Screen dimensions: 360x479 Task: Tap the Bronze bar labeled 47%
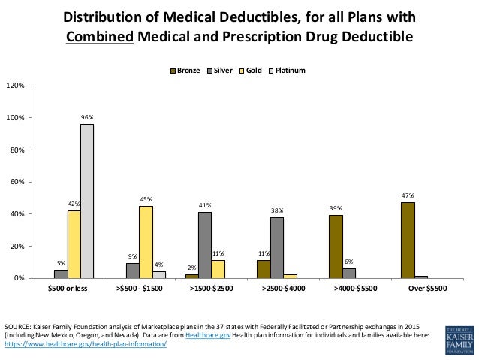pos(408,240)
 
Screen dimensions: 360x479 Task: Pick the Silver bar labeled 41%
pos(204,245)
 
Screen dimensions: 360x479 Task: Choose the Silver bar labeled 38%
pos(277,247)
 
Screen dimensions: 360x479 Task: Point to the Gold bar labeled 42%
pos(74,244)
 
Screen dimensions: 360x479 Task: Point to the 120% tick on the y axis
pos(15,86)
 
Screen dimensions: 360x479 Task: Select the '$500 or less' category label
pos(67,289)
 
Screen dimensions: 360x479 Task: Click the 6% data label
pos(348,261)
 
